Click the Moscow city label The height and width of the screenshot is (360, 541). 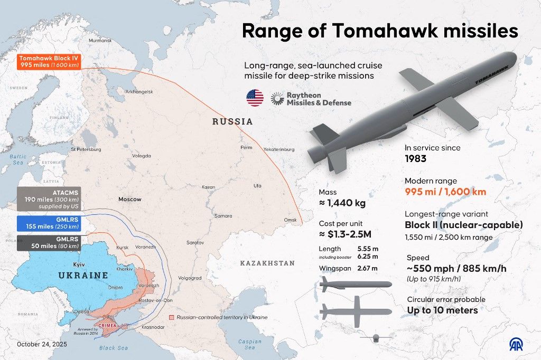point(129,200)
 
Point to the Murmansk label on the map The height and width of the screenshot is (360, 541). point(100,41)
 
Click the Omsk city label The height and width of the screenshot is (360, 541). point(291,220)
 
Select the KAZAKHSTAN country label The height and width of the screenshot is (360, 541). point(267,263)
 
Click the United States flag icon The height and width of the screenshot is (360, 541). point(255,98)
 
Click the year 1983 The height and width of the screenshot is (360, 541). point(416,158)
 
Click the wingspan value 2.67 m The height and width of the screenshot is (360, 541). point(367,268)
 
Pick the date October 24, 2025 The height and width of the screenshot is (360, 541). point(43,344)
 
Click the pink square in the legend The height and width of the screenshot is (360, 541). point(171,317)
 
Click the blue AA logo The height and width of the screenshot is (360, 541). point(518,344)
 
